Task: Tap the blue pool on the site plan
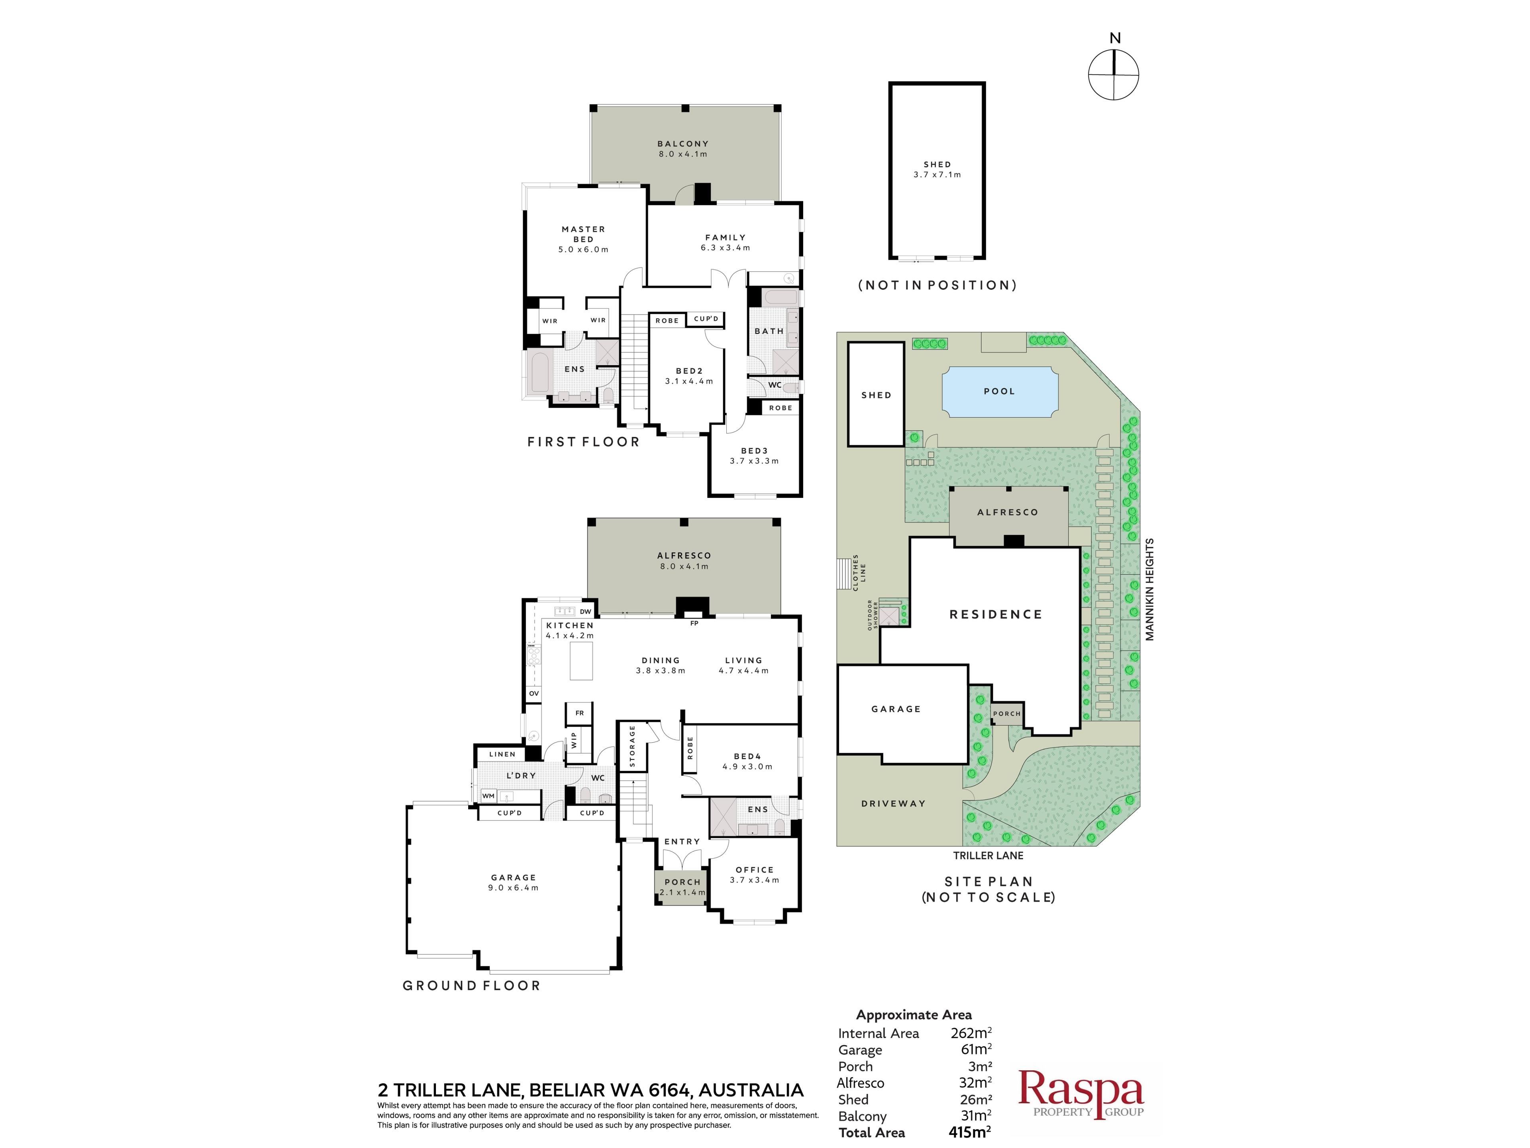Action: (x=999, y=392)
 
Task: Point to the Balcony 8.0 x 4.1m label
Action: (x=683, y=149)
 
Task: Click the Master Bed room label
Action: (x=583, y=239)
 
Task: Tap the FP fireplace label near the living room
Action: (x=694, y=623)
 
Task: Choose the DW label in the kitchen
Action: (x=585, y=612)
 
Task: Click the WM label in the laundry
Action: (x=488, y=796)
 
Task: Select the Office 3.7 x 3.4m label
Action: (x=755, y=875)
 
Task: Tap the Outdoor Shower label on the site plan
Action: (x=873, y=615)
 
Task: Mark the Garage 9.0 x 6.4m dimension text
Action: (x=513, y=888)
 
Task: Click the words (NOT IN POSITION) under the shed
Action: (x=937, y=285)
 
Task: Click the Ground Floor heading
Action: (x=471, y=985)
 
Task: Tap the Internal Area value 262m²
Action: (x=971, y=1033)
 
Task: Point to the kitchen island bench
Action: (x=581, y=661)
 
